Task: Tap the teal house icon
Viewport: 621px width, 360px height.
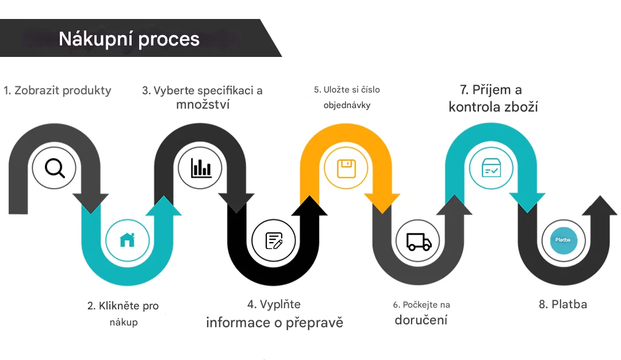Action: coord(127,240)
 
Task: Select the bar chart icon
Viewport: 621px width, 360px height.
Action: coord(201,167)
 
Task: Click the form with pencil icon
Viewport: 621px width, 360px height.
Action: coord(274,240)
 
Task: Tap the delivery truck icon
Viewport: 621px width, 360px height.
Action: coord(419,241)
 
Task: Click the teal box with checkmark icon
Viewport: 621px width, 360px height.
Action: coord(491,168)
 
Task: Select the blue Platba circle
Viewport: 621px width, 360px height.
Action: coord(563,240)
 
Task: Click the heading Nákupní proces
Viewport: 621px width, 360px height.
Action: coord(129,39)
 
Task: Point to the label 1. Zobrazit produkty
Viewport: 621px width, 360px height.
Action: coord(57,90)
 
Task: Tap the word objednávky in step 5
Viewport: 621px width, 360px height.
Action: coord(347,105)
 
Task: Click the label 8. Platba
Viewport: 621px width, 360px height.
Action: coord(563,304)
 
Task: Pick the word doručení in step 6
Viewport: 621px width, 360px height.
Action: coord(421,320)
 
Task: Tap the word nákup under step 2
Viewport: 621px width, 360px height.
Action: coord(124,322)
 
